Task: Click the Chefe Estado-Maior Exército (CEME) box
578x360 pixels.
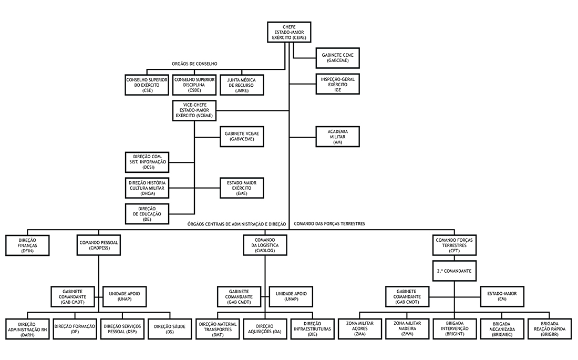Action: coord(289,32)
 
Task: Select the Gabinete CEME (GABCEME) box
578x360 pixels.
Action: coord(337,58)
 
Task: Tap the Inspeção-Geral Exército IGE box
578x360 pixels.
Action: coord(337,84)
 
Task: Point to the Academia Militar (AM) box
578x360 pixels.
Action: coord(337,136)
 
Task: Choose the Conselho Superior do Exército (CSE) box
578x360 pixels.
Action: coord(147,84)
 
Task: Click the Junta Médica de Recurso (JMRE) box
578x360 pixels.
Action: coord(241,84)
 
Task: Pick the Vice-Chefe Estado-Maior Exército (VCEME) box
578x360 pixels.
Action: coord(194,110)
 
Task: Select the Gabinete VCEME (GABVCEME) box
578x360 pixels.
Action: coord(241,137)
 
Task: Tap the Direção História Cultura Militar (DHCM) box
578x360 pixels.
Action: coord(148,188)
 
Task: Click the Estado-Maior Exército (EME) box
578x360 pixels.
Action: coord(241,188)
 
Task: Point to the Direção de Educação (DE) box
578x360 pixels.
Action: coord(148,213)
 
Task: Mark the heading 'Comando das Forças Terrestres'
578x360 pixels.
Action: coord(329,224)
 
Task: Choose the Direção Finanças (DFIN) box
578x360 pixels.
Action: coord(28,245)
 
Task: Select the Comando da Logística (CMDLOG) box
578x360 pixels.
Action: coord(265,245)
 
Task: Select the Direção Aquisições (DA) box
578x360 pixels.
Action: coord(265,329)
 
